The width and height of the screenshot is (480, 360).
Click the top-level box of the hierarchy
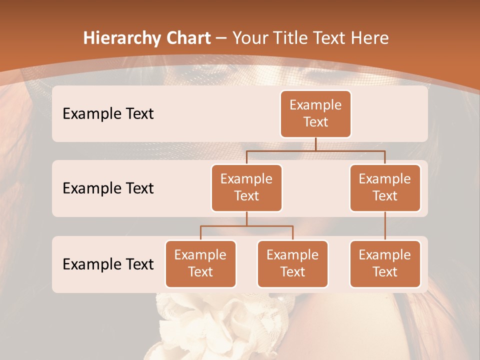click(x=315, y=113)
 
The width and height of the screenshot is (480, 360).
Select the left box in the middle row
click(x=246, y=187)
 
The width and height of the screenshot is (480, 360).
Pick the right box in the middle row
click(x=385, y=187)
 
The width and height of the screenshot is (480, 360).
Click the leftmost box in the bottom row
click(x=200, y=263)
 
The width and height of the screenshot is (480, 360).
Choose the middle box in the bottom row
click(x=292, y=263)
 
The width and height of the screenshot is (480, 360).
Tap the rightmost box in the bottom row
click(x=385, y=263)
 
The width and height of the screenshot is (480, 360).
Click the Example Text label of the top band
click(x=108, y=113)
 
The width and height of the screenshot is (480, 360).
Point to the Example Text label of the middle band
click(x=108, y=188)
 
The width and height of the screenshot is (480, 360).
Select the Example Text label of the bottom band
click(x=108, y=264)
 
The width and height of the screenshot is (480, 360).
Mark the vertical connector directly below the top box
click(x=315, y=144)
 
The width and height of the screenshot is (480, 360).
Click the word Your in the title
click(x=247, y=38)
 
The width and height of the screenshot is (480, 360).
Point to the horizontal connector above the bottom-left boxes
click(x=246, y=226)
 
